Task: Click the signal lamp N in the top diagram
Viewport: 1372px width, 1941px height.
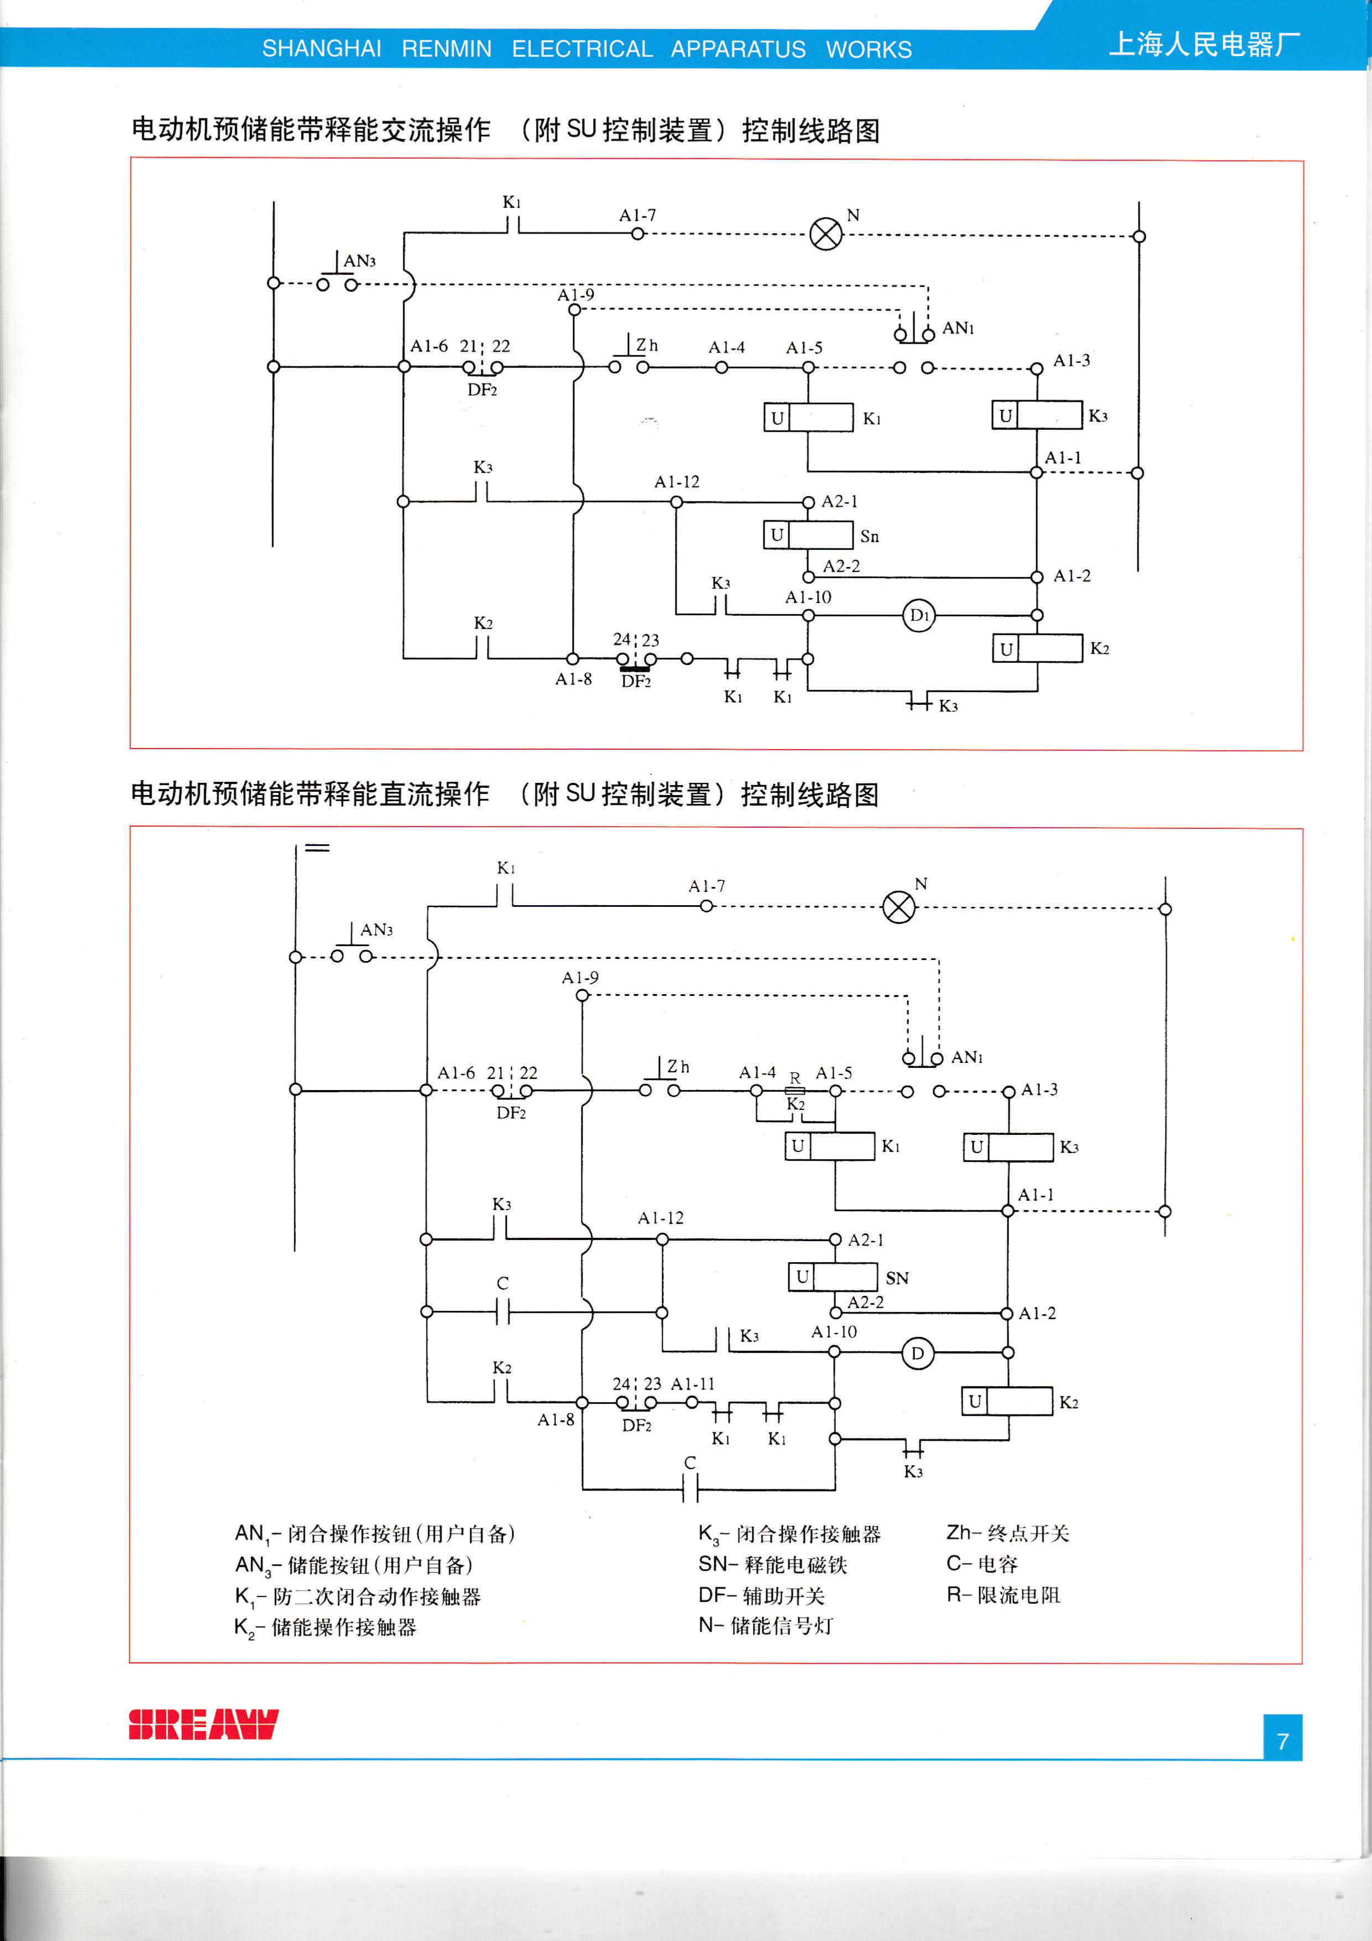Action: (826, 234)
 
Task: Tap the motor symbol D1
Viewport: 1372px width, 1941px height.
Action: (919, 615)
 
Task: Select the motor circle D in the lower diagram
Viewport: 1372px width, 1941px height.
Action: (917, 1353)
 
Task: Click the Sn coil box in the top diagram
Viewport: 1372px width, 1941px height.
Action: (808, 535)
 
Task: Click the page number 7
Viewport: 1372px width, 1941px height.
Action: (1282, 1741)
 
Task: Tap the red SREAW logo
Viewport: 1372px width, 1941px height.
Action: (203, 1725)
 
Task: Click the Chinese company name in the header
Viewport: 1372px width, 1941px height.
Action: (1204, 44)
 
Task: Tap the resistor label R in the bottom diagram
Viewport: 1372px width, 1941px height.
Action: (794, 1078)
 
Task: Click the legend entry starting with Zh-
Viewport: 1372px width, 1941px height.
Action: (1007, 1533)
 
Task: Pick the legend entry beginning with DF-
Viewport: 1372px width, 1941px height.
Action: (761, 1595)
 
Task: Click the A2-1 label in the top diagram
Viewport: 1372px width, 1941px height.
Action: (839, 501)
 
